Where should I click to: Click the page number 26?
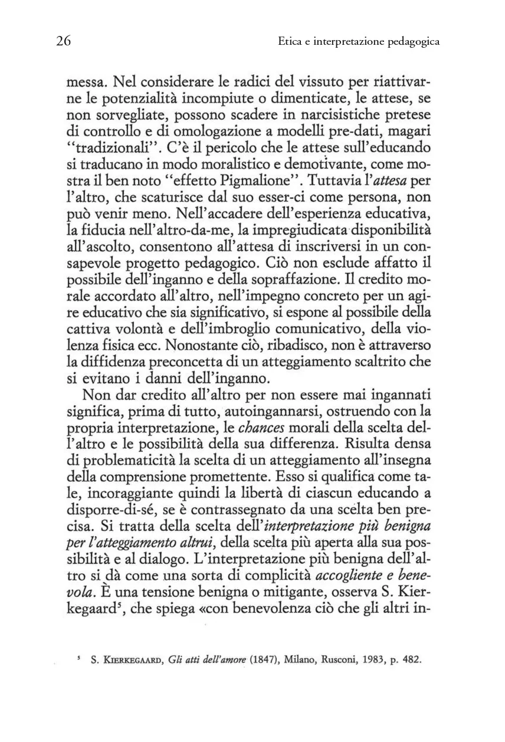(x=64, y=41)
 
